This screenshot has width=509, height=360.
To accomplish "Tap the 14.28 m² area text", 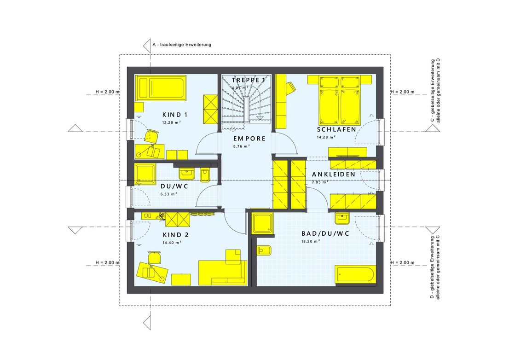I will coord(326,137).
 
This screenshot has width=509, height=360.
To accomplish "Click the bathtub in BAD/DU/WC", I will coord(356,275).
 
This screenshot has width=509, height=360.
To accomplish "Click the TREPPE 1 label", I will coord(249,80).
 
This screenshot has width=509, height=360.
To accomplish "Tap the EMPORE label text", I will coord(249,138).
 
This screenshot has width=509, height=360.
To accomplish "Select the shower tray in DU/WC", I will coord(145,174).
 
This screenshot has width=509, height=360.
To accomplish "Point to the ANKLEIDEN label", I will coord(333,174).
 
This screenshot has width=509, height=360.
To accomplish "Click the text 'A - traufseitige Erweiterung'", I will coord(181,45).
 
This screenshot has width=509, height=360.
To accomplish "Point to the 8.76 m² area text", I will coord(241,146).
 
